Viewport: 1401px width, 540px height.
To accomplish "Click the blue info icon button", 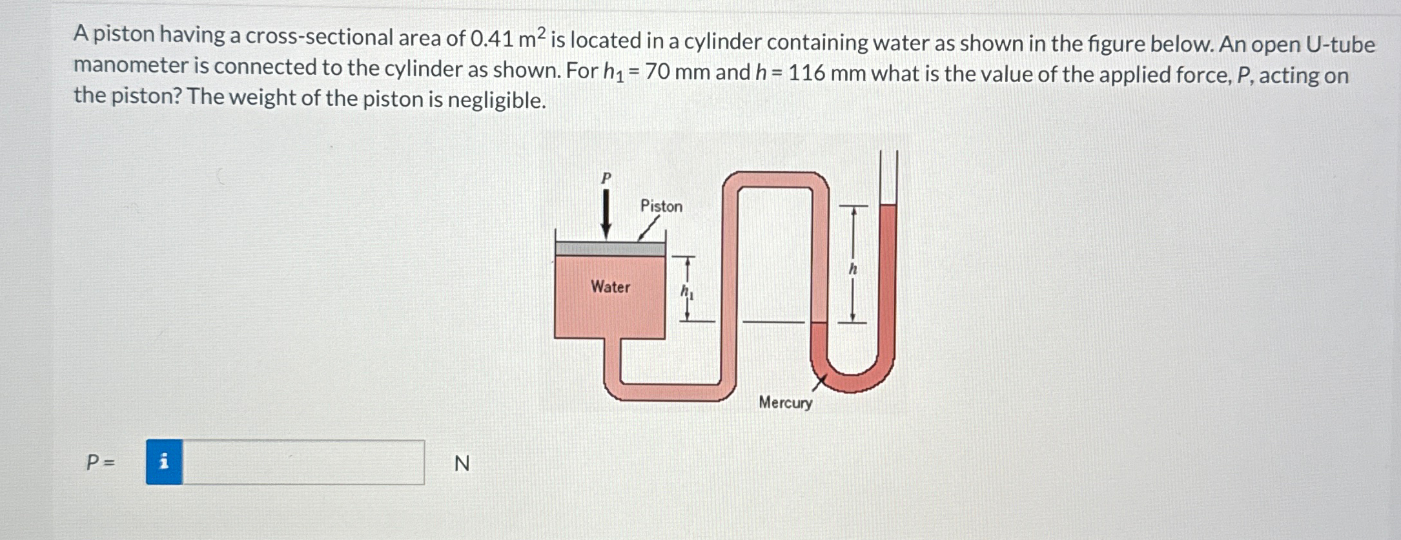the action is coord(164,462).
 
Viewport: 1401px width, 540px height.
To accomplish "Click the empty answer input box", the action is coord(303,462).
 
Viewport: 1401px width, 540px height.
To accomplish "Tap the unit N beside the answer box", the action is coord(462,463).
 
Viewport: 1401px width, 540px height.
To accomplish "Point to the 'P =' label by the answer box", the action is coord(101,462).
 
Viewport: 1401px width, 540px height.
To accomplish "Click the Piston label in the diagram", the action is coord(660,206).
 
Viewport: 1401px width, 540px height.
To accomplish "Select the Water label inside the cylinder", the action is coord(610,287).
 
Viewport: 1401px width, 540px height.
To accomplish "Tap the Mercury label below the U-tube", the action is coord(785,402).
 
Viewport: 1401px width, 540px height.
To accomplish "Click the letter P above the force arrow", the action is coord(606,178).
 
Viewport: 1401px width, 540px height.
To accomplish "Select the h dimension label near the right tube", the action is coord(852,269).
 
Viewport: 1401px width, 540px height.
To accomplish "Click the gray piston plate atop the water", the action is coord(609,249).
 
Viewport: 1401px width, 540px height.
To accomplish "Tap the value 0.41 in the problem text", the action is coord(492,39).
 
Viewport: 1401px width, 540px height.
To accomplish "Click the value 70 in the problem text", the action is coord(657,71).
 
